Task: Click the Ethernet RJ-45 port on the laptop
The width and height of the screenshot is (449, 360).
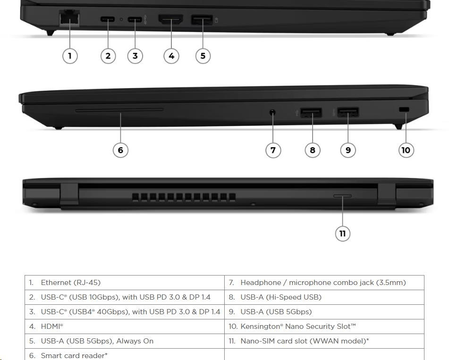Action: coord(69,18)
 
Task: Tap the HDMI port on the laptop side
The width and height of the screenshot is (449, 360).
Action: coord(170,19)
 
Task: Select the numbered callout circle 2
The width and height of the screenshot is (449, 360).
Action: coord(108,56)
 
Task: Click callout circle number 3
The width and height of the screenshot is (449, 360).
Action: coord(135,56)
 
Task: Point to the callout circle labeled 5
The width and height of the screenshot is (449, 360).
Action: coord(203,56)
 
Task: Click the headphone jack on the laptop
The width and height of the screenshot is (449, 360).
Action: coord(272,112)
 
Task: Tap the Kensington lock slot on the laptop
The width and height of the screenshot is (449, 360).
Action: coord(404,109)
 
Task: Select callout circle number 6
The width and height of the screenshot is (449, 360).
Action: coord(120,150)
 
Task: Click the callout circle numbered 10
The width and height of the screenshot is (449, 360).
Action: coord(406,150)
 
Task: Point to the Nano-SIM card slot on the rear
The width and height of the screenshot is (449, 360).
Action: coord(342,196)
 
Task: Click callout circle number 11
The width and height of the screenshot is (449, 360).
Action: coord(342,234)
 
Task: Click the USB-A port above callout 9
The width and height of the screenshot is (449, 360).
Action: coord(348,112)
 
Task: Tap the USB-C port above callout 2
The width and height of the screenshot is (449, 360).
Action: coord(108,19)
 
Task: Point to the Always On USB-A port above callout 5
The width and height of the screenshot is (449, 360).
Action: coord(202,20)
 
